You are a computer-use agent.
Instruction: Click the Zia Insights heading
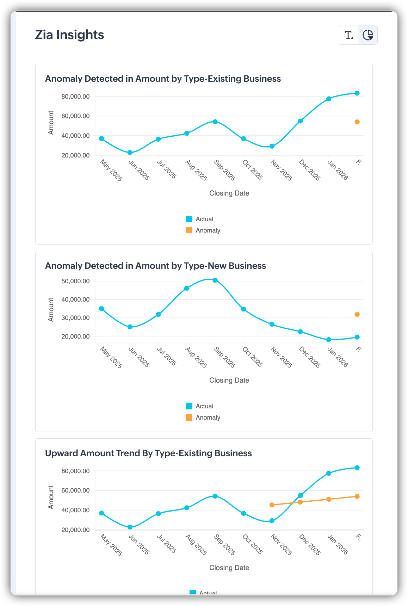(69, 35)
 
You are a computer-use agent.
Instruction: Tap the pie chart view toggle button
(368, 35)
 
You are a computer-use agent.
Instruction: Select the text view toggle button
(349, 35)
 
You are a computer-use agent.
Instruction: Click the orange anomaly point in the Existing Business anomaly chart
(357, 122)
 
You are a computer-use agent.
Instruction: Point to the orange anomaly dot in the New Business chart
(357, 314)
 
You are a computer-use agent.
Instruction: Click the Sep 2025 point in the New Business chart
(215, 280)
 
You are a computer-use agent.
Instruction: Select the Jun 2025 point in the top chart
(130, 153)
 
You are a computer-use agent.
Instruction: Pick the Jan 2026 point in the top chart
(329, 99)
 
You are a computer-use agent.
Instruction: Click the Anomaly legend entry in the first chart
(203, 230)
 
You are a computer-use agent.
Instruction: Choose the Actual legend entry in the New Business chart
(200, 406)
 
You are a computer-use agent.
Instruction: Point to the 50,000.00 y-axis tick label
(75, 281)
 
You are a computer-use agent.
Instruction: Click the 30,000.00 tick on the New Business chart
(75, 318)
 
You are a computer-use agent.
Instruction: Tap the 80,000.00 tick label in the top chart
(75, 97)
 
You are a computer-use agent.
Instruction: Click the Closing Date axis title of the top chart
(229, 193)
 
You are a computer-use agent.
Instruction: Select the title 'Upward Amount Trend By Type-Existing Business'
(148, 453)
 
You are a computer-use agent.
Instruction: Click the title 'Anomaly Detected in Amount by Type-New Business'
(155, 266)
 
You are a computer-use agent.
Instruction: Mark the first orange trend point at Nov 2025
(272, 505)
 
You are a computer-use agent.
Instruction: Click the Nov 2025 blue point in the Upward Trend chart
(272, 521)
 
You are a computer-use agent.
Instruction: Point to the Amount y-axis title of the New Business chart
(51, 310)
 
